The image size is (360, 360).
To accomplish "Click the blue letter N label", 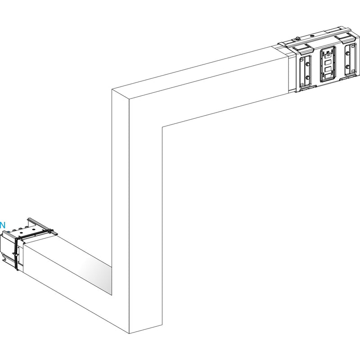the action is [x=3, y=225].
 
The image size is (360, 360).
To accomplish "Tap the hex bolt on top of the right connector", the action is [x=297, y=38].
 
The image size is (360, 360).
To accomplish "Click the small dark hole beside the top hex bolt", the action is [x=312, y=36].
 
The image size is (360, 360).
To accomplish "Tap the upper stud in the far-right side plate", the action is [x=347, y=54].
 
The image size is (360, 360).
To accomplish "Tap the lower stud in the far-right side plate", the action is [x=347, y=67].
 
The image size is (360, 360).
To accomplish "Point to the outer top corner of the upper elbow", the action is [x=112, y=89].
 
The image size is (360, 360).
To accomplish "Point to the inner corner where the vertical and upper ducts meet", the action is [x=162, y=127].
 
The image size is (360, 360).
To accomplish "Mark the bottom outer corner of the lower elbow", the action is [x=129, y=333].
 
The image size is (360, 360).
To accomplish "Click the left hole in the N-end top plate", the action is [x=22, y=232].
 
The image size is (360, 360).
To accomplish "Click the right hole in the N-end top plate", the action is [x=33, y=229].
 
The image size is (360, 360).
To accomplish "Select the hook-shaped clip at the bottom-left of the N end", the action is [x=4, y=260].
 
